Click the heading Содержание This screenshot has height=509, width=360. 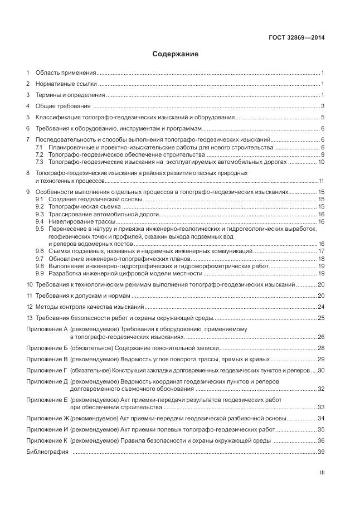176,55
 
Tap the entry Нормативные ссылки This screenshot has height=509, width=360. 66,84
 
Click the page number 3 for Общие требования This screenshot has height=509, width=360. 323,106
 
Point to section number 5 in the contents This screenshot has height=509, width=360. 28,118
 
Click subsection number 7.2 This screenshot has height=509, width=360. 40,154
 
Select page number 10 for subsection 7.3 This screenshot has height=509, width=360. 321,162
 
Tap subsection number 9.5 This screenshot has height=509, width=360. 40,229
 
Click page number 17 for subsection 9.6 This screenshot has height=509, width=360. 321,251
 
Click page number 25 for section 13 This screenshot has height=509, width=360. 321,318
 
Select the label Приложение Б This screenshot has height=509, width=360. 47,348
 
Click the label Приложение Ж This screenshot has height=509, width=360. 47,418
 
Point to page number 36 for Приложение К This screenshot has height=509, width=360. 321,440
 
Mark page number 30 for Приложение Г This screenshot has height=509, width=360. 321,370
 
